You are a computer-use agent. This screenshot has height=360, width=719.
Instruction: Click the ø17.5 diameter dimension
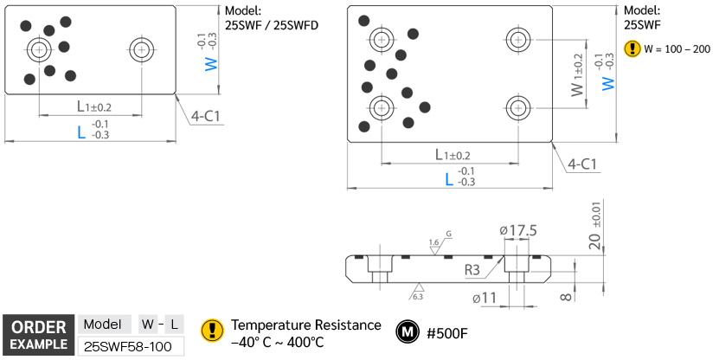pos(518,230)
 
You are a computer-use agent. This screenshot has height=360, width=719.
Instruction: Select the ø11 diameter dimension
pos(485,299)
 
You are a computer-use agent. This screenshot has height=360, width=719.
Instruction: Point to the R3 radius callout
pos(472,270)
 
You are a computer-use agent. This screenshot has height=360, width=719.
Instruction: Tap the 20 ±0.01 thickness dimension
pos(594,228)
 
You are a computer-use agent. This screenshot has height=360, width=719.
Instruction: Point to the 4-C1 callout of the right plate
pos(585,164)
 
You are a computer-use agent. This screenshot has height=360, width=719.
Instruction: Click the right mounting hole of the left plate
pos(140,49)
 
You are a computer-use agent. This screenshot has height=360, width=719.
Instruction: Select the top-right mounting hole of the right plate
pos(517,39)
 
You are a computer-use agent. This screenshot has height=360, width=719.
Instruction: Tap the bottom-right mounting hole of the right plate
pos(517,108)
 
